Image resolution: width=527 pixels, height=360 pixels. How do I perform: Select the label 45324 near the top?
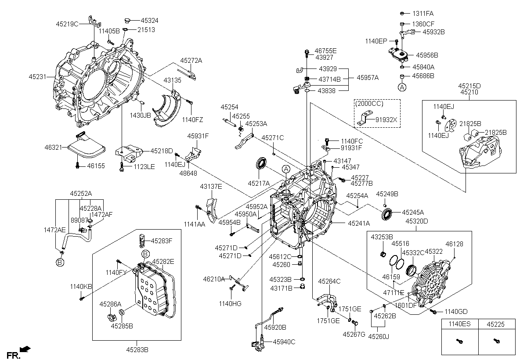click(x=150, y=21)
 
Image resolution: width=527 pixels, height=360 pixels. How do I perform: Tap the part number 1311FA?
click(x=422, y=14)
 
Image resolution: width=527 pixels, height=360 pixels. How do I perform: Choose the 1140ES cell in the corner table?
click(x=459, y=324)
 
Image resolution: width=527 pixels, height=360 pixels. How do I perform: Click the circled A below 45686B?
click(x=402, y=87)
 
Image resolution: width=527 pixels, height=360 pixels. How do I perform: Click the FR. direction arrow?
click(x=26, y=349)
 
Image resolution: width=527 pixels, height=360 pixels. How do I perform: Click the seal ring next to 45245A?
click(x=387, y=215)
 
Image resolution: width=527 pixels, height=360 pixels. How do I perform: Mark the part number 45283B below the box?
click(x=137, y=350)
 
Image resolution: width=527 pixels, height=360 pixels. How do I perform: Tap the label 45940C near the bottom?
click(x=284, y=342)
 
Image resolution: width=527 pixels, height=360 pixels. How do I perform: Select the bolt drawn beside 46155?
click(x=78, y=166)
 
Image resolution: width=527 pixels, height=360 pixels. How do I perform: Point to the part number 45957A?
click(x=368, y=78)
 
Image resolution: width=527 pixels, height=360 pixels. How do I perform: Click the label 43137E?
click(x=211, y=187)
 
